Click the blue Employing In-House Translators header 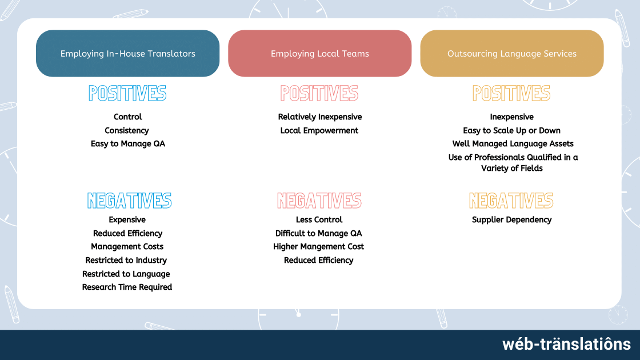click(x=128, y=54)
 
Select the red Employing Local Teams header click(x=319, y=54)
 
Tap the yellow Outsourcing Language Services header click(x=512, y=54)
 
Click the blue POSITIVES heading click(x=128, y=94)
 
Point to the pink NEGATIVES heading click(x=319, y=201)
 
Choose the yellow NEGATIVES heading click(x=511, y=201)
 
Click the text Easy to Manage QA click(x=128, y=143)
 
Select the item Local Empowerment click(x=319, y=131)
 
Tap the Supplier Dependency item click(x=512, y=219)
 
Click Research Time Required click(x=127, y=287)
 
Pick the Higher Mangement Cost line click(x=318, y=246)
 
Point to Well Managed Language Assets click(x=513, y=143)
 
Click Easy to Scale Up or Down click(x=512, y=131)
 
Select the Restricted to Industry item click(x=126, y=260)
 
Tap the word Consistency click(x=126, y=131)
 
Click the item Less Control click(x=319, y=219)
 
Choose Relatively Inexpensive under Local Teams click(x=320, y=117)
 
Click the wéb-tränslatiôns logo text click(x=566, y=344)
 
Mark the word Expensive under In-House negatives click(x=127, y=219)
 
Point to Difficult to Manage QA click(x=318, y=233)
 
